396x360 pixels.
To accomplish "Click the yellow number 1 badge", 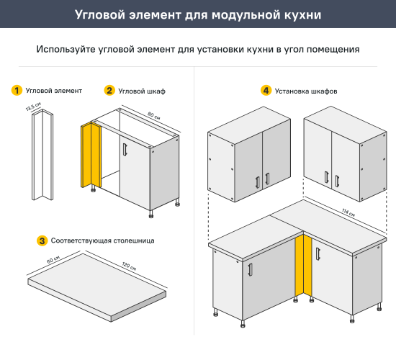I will pyautogui.click(x=16, y=91).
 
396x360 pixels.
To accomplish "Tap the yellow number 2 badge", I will pyautogui.click(x=109, y=91).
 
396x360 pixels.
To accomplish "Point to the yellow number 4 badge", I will pyautogui.click(x=266, y=91).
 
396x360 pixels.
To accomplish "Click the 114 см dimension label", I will pyautogui.click(x=350, y=210).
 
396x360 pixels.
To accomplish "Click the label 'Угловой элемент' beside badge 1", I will pyautogui.click(x=53, y=91).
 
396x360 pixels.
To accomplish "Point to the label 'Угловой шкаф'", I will pyautogui.click(x=141, y=91).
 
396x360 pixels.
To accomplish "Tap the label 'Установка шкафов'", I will pyautogui.click(x=306, y=91).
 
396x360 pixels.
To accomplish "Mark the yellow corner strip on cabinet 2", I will pyautogui.click(x=90, y=155).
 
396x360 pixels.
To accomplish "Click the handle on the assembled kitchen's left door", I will pyautogui.click(x=248, y=269).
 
